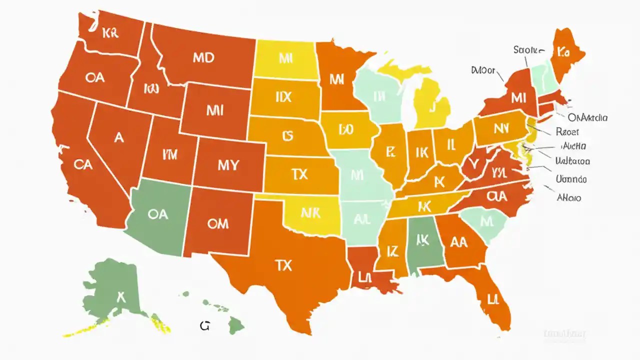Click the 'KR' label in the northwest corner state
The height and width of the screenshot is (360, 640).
pyautogui.click(x=109, y=34)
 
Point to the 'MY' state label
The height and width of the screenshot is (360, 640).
pyautogui.click(x=228, y=165)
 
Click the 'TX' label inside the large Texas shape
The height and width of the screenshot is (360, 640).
pyautogui.click(x=283, y=265)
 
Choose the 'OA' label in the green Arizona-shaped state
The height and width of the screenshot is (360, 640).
pyautogui.click(x=158, y=214)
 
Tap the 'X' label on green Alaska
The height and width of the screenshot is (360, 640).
pyautogui.click(x=120, y=296)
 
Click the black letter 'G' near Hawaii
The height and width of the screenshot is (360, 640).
pyautogui.click(x=204, y=326)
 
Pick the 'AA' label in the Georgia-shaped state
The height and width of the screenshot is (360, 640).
pyautogui.click(x=458, y=242)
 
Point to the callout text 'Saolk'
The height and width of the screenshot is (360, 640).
pyautogui.click(x=527, y=50)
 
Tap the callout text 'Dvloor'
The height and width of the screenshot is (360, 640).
pyautogui.click(x=483, y=70)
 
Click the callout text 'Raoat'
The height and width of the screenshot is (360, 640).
pyautogui.click(x=567, y=132)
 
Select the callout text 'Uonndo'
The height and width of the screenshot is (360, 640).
pyautogui.click(x=571, y=178)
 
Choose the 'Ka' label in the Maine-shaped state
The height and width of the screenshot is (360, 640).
pyautogui.click(x=563, y=52)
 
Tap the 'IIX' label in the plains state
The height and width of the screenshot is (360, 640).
pyautogui.click(x=283, y=97)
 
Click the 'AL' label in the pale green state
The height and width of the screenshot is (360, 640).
pyautogui.click(x=361, y=219)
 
